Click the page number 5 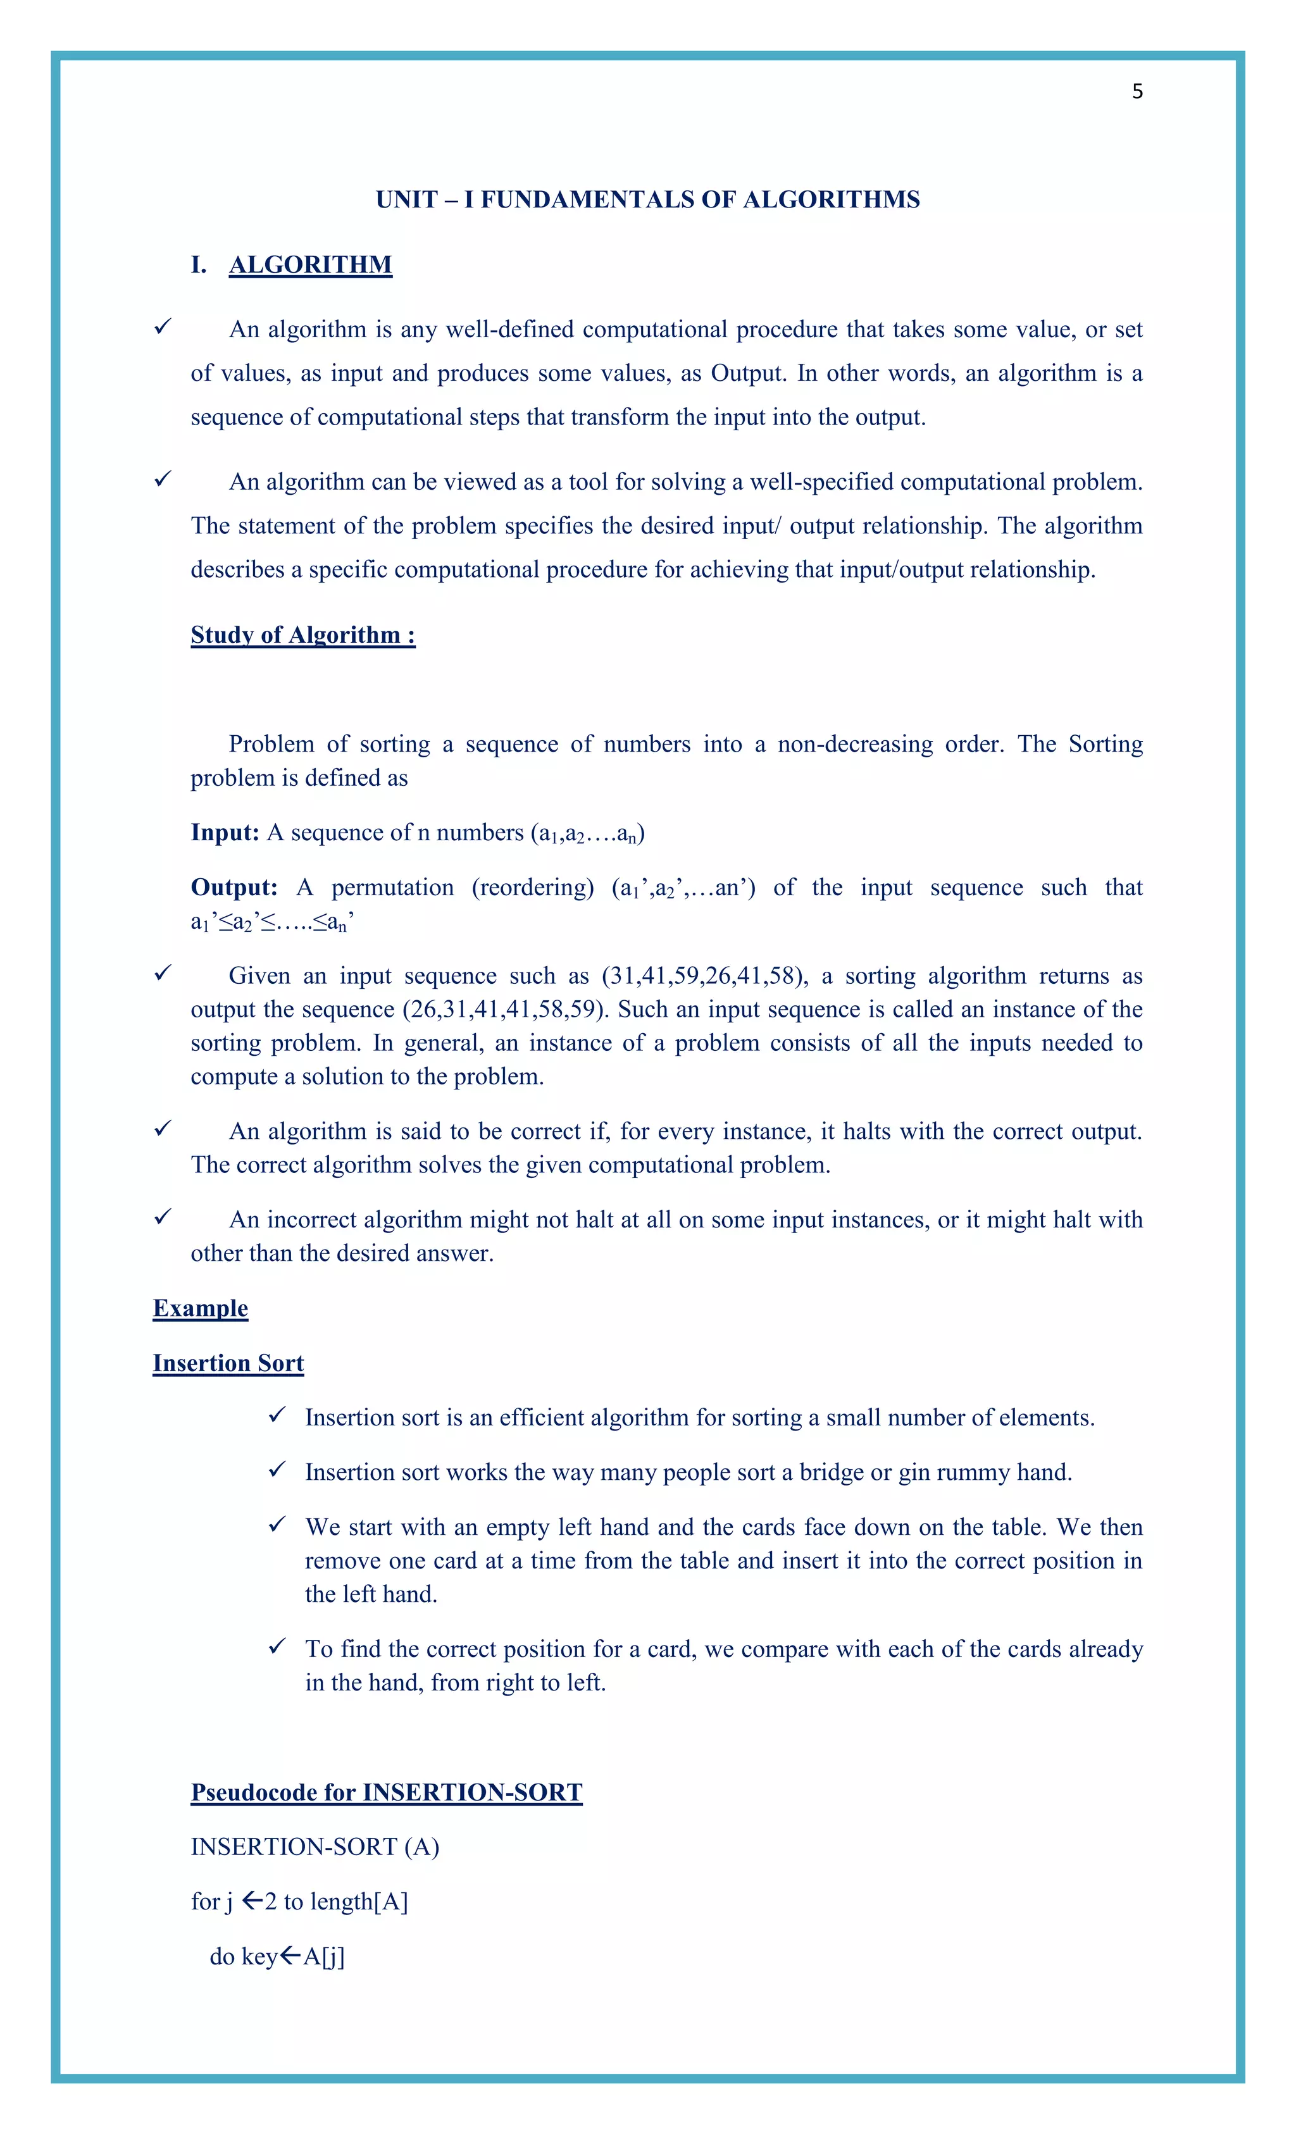1137,92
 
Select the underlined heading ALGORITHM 310,265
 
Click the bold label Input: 225,833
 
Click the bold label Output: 233,888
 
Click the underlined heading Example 200,1308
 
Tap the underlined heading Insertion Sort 228,1363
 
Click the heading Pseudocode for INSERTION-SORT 387,1793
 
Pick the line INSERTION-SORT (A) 315,1847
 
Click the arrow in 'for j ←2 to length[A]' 252,1901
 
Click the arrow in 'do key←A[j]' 290,1956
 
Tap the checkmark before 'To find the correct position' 277,1646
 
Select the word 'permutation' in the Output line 392,888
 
